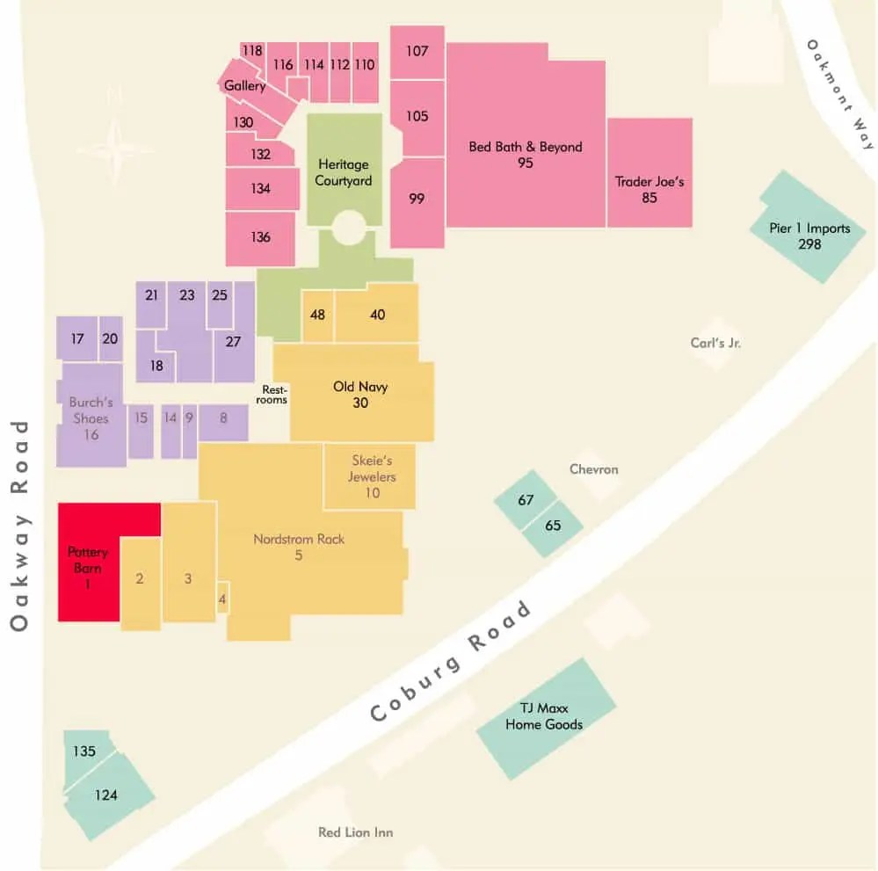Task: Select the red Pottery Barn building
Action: coord(88,567)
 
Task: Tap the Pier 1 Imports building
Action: coord(809,235)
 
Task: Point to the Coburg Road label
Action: coord(452,662)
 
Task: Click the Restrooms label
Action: coord(274,395)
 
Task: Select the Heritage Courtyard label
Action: coord(345,172)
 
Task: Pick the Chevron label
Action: coord(593,469)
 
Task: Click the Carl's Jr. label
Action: coord(715,343)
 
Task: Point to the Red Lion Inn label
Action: coord(355,832)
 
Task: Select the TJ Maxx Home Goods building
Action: coord(544,716)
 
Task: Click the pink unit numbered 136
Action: coord(260,237)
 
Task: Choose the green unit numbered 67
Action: coord(526,501)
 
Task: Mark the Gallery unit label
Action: coord(244,86)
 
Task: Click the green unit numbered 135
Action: coord(85,752)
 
